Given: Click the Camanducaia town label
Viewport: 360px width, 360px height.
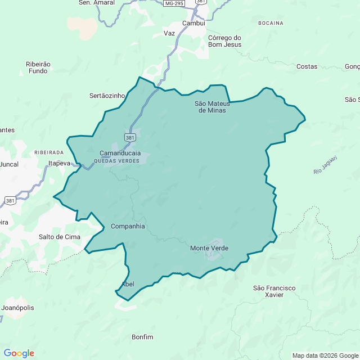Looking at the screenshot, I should (x=120, y=153).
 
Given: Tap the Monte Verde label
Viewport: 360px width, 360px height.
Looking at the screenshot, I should (x=209, y=248).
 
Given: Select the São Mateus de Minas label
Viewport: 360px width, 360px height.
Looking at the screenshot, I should (x=210, y=107).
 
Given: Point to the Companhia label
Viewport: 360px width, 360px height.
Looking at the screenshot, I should (x=128, y=226).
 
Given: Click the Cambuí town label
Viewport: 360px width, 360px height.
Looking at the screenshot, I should (x=194, y=23).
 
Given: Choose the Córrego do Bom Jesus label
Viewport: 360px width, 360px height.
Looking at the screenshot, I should (x=224, y=41).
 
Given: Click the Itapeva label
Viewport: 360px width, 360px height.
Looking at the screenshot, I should (x=59, y=163).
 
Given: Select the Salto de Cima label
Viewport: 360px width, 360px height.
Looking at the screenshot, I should (x=60, y=237).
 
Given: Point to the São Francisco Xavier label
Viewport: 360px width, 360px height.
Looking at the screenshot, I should (x=274, y=291).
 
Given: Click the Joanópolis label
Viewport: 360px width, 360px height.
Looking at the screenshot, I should (x=18, y=308).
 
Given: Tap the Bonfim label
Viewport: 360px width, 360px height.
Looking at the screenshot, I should (x=142, y=337).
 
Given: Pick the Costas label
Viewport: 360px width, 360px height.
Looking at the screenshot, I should (x=307, y=66).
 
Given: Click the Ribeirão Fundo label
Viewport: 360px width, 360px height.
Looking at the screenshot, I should (x=38, y=67).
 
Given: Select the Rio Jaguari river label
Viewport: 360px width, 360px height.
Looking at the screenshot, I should (x=326, y=164).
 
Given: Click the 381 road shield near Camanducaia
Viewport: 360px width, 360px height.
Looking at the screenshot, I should (x=130, y=138).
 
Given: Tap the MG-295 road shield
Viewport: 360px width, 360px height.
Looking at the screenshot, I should (x=174, y=3).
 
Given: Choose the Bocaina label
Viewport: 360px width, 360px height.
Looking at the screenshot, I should (x=271, y=23).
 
